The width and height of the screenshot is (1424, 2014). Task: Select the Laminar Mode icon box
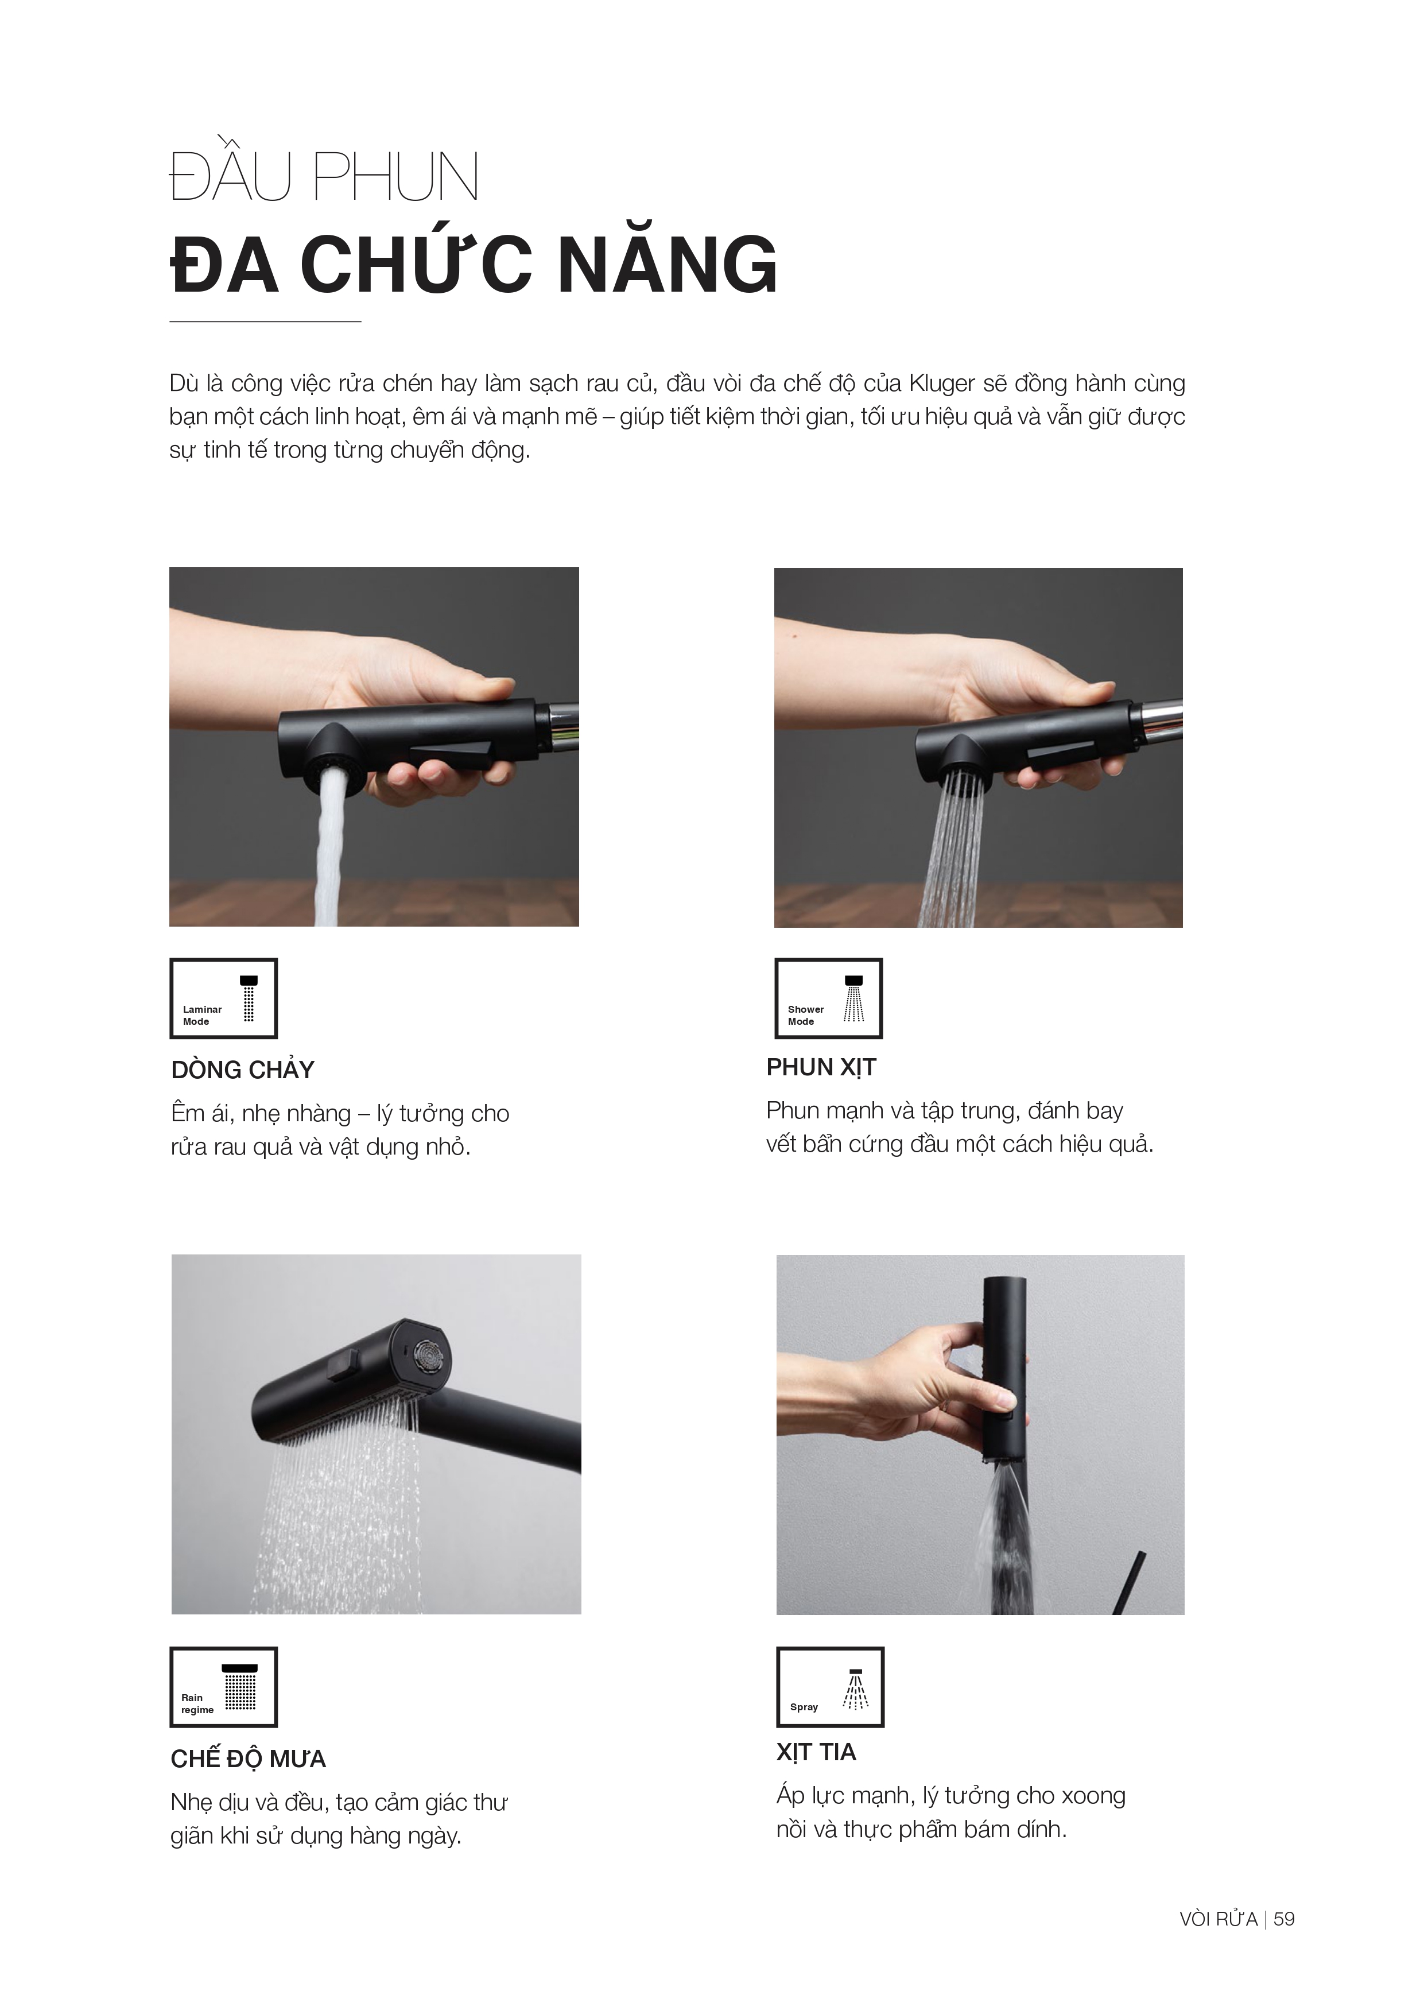coord(224,998)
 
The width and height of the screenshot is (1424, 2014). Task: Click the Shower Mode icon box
coord(829,998)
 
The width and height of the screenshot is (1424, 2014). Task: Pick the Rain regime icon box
coord(224,1687)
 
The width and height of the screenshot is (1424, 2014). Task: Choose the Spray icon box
coord(831,1687)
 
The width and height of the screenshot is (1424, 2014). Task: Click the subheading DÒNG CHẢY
coord(243,1070)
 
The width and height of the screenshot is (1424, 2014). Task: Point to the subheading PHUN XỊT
coord(821,1067)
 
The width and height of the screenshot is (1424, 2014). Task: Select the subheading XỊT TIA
coord(816,1753)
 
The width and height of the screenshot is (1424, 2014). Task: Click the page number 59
coord(1284,1919)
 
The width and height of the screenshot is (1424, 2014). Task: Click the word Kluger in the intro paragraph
coord(942,384)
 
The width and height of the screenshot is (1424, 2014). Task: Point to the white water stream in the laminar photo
coord(331,846)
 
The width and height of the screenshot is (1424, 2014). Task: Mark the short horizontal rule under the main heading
coord(265,322)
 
